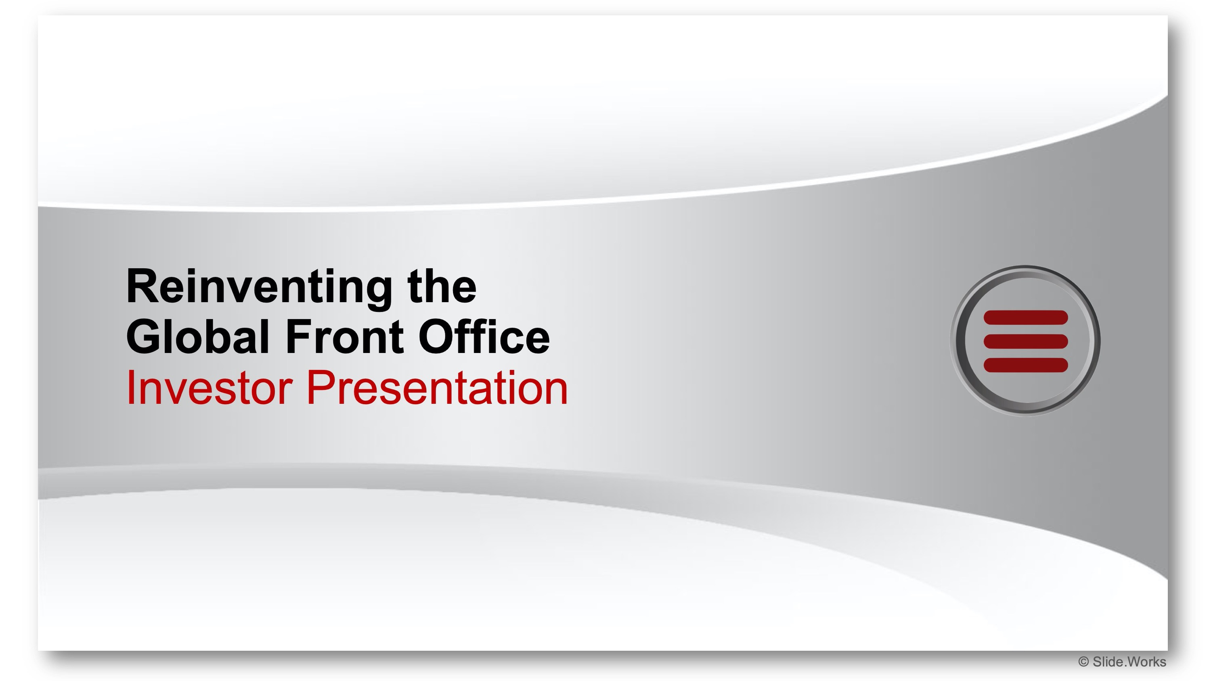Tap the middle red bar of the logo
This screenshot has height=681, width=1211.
pos(1026,341)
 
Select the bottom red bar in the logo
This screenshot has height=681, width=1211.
pos(1026,365)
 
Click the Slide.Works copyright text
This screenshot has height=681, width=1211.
pos(1122,662)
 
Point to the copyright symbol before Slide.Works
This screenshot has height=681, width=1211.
pos(1083,662)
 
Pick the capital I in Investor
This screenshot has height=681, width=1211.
pos(129,387)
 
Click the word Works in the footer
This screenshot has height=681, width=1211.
pos(1146,662)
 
